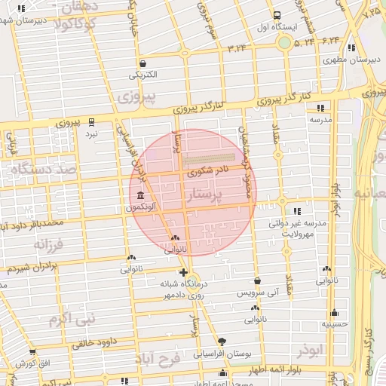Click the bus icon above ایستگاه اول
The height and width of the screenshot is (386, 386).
(277, 14)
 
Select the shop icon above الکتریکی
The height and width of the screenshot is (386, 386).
(142, 63)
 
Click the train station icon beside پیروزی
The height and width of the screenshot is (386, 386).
(92, 121)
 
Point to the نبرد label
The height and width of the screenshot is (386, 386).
(91, 133)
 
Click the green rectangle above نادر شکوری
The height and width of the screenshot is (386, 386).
(209, 158)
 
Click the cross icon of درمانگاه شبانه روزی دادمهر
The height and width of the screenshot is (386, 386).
(183, 272)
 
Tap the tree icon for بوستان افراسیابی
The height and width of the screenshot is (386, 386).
(220, 341)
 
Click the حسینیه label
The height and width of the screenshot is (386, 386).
(334, 324)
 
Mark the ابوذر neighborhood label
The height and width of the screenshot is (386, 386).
(309, 352)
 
